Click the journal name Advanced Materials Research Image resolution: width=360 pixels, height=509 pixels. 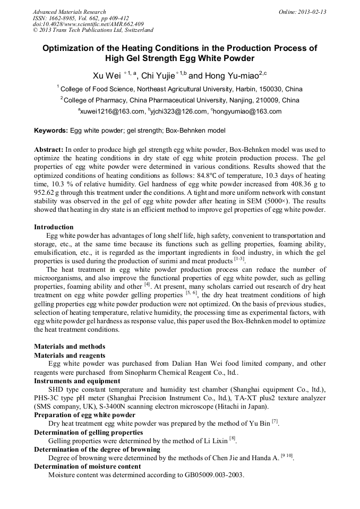click(69, 12)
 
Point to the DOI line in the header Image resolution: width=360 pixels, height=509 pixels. click(88, 24)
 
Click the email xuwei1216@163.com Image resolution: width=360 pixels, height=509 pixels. click(112, 111)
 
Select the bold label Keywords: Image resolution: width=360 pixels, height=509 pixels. click(50, 131)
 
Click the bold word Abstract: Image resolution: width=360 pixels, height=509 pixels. click(49, 150)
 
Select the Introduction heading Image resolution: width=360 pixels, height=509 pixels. click(54, 227)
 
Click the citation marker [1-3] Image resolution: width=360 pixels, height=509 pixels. click(239, 260)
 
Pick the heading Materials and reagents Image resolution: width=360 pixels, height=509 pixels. click(69, 355)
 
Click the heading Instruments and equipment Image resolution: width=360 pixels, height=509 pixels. click(76, 381)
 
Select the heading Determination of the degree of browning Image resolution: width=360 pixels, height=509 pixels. click(97, 449)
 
